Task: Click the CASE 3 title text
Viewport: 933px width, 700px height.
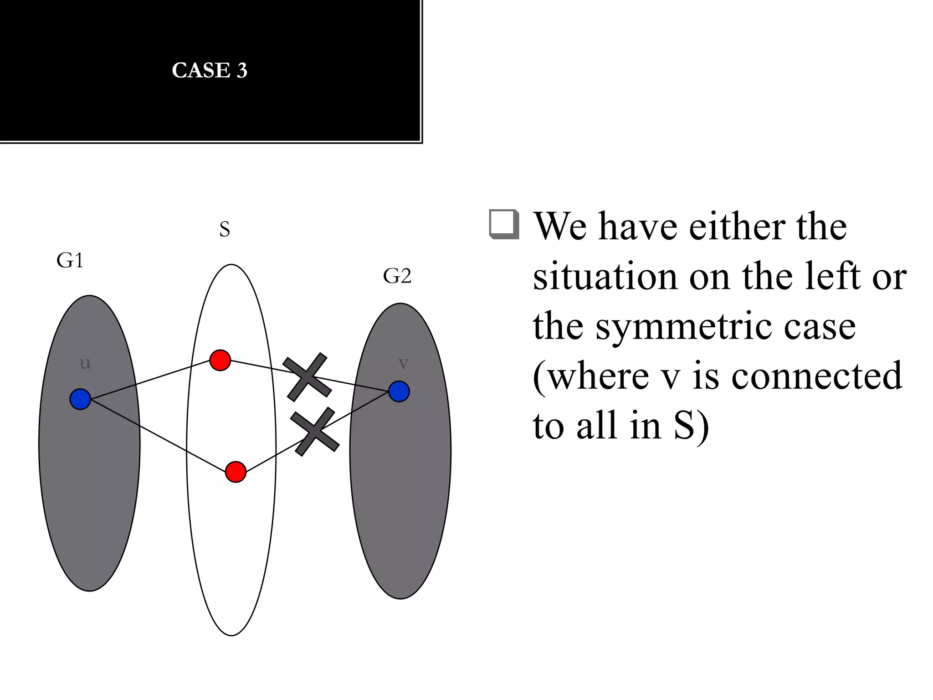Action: coord(210,70)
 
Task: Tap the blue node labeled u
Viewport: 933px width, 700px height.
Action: coord(80,399)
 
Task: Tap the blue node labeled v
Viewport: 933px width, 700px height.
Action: coord(399,391)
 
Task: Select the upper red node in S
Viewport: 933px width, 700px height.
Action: coord(220,360)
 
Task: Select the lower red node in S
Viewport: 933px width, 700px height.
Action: coord(236,472)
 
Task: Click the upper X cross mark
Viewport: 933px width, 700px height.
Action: coord(307,377)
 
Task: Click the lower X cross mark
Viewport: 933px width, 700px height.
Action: coord(315,431)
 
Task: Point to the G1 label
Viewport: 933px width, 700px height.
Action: coord(70,261)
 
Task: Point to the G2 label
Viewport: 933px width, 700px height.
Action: coord(397,276)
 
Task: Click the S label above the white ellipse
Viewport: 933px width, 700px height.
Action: coord(225,229)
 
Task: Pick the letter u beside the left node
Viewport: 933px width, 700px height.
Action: coord(85,363)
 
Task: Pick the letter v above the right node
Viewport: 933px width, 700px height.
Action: coord(403,364)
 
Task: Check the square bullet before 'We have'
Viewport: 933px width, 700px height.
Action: coord(504,224)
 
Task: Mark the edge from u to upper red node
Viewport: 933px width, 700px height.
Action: coord(150,380)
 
